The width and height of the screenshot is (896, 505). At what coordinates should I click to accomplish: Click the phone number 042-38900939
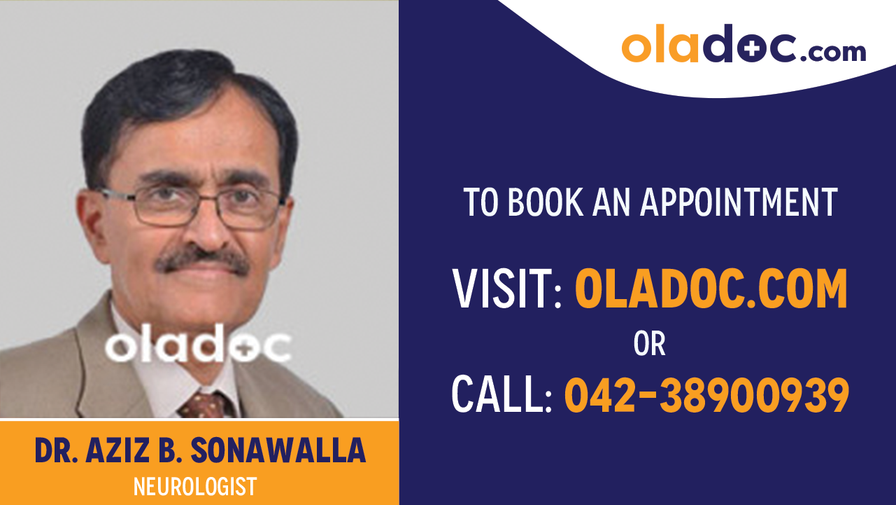click(x=706, y=394)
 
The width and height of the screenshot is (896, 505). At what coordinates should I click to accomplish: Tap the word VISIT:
click(x=508, y=289)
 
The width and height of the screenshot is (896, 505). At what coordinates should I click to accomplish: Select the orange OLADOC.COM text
click(x=711, y=289)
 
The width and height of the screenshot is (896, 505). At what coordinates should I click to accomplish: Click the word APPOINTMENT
click(x=739, y=202)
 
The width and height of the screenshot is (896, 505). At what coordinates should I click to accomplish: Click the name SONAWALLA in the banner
click(x=278, y=452)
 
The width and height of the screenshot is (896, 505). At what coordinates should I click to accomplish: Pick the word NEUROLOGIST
click(x=195, y=485)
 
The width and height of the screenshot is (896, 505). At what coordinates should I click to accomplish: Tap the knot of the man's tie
click(x=204, y=406)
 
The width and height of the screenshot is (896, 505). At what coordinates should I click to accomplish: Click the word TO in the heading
click(x=481, y=202)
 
